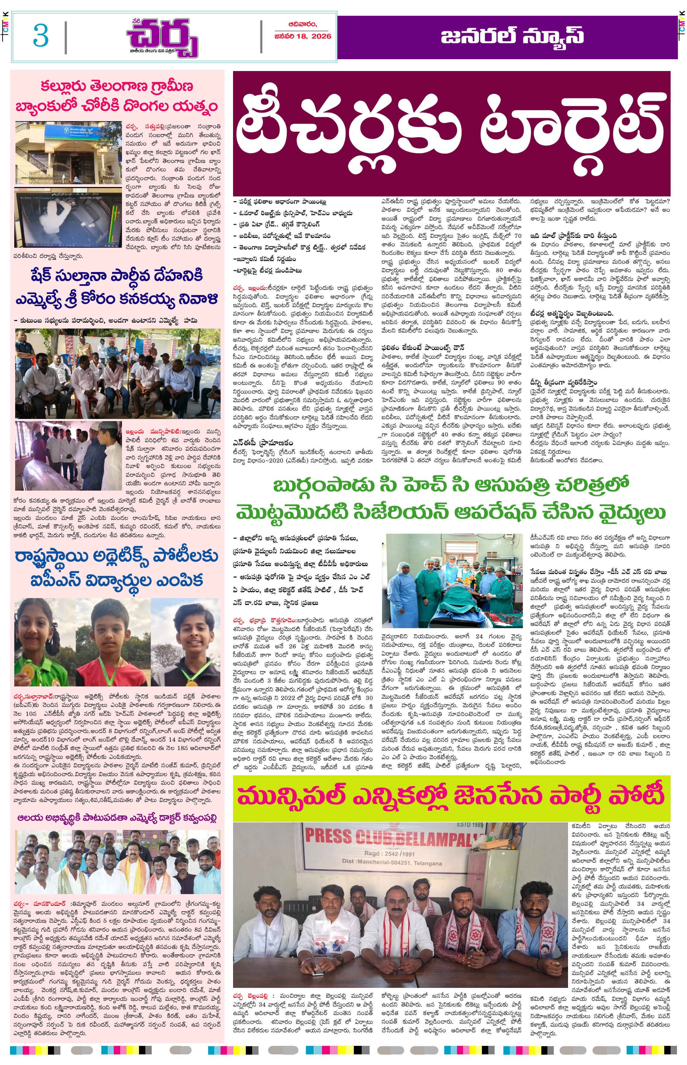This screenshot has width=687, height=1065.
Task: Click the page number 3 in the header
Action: [x=41, y=36]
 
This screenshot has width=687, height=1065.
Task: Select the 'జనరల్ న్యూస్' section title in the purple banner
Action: [x=512, y=36]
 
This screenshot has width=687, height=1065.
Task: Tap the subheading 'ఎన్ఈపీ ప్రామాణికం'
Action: [x=263, y=442]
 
